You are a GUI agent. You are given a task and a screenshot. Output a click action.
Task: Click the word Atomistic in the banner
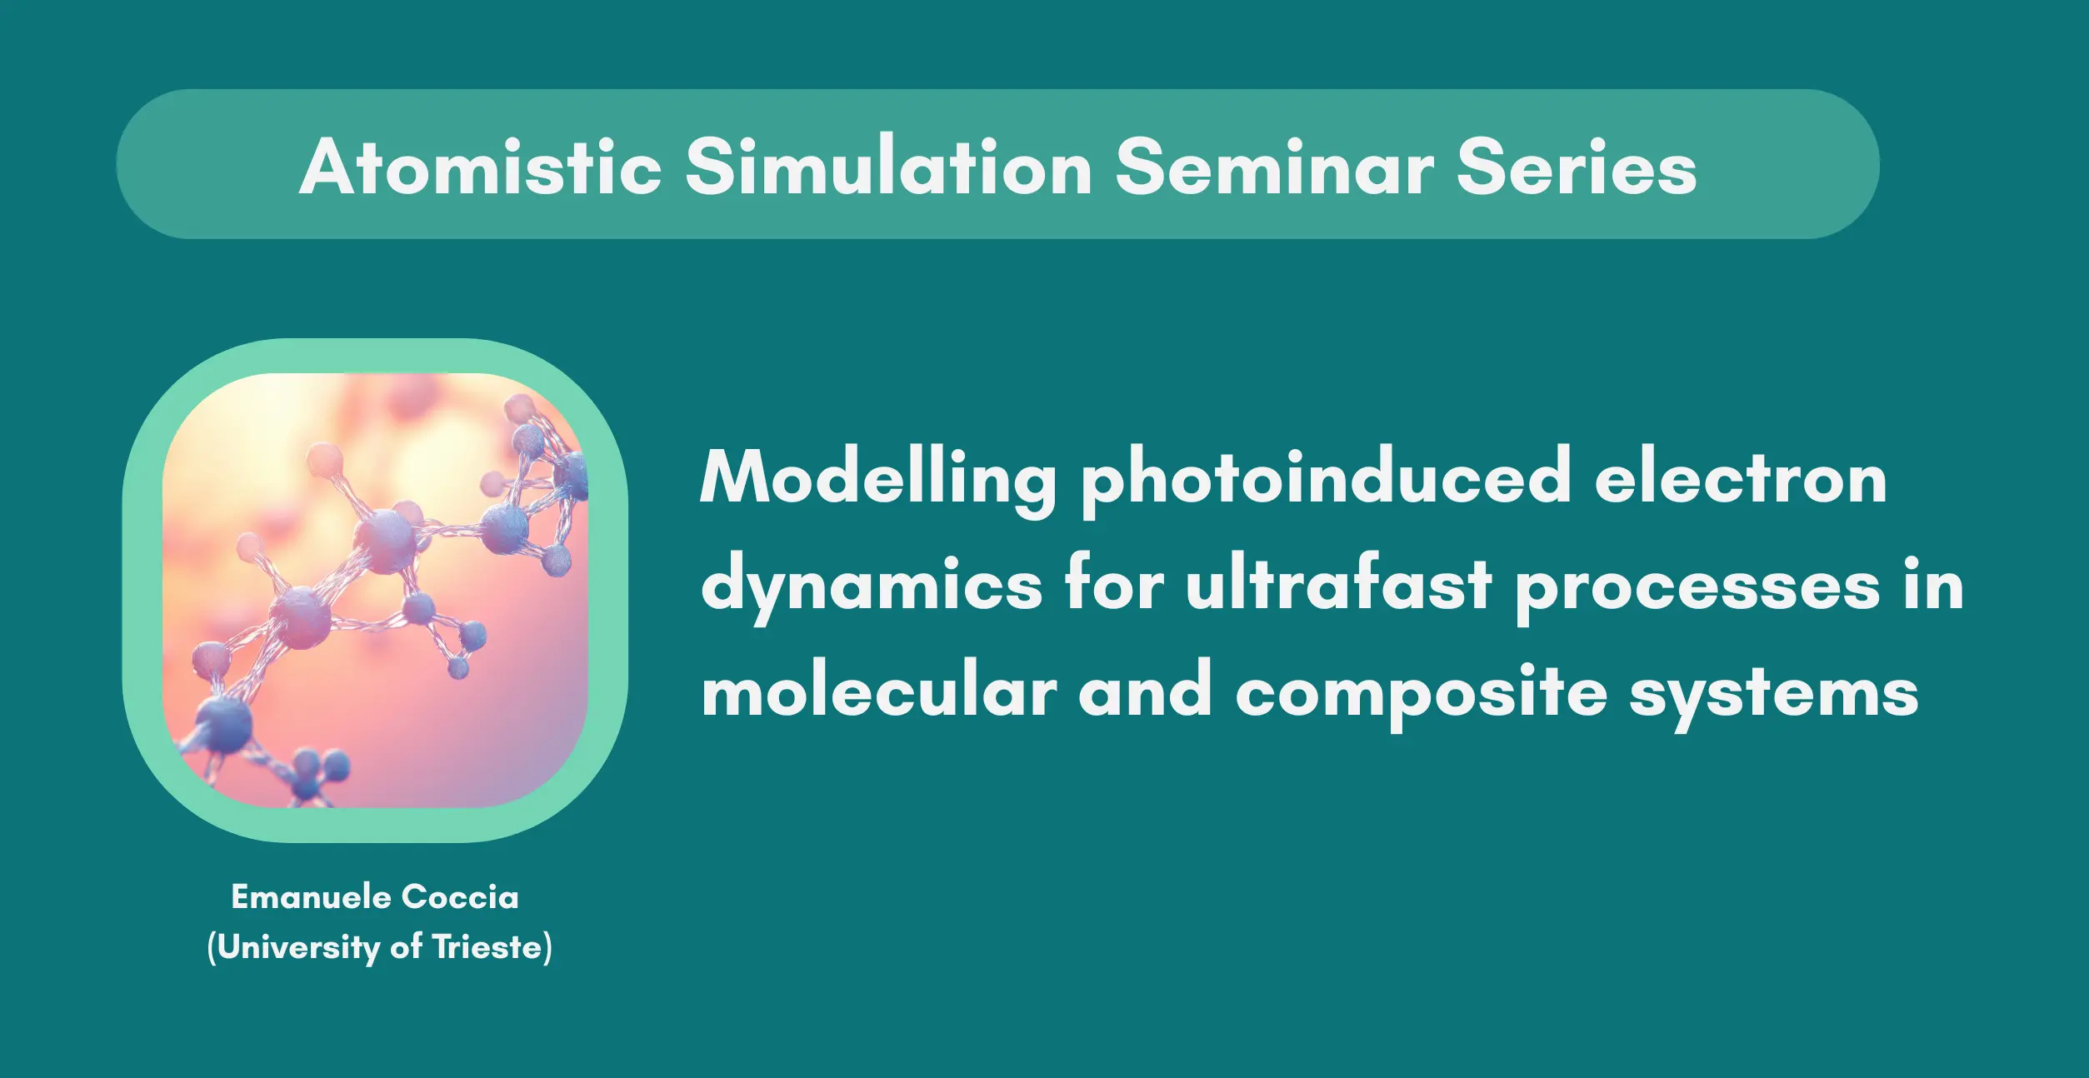coord(481,167)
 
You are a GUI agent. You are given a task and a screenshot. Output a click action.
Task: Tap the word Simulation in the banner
coord(889,167)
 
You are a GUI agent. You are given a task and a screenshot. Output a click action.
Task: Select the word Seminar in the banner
coord(1276,167)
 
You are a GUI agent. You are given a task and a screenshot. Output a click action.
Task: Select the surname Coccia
coord(460,897)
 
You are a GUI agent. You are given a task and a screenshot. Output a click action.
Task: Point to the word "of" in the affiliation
coord(407,947)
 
